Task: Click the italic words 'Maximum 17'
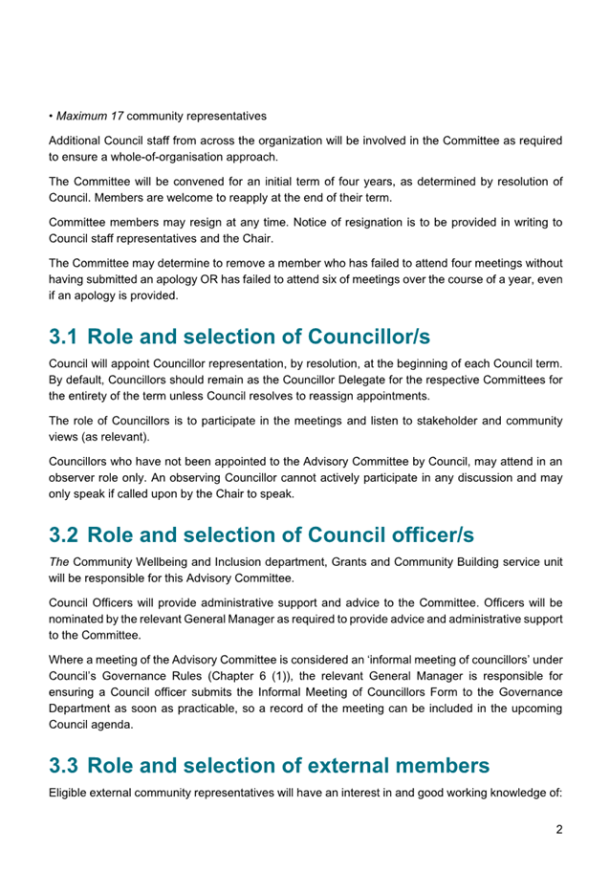point(90,117)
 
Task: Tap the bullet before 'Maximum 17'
point(51,117)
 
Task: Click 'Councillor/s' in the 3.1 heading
point(367,337)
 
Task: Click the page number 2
point(558,829)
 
